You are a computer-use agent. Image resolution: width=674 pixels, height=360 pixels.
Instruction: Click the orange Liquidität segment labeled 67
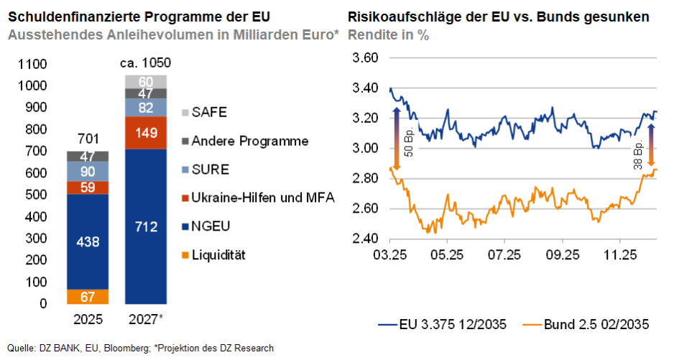(x=88, y=297)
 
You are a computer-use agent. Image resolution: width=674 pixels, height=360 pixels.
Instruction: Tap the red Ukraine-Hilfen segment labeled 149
(x=146, y=132)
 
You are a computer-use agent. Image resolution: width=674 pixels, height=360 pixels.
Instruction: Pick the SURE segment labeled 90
(x=88, y=171)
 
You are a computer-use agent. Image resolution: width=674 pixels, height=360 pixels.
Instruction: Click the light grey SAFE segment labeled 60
(x=146, y=81)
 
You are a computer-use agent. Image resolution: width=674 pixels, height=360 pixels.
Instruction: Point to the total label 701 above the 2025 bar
(x=88, y=139)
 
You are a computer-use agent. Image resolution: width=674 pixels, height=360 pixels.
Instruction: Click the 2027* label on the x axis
(x=146, y=318)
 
